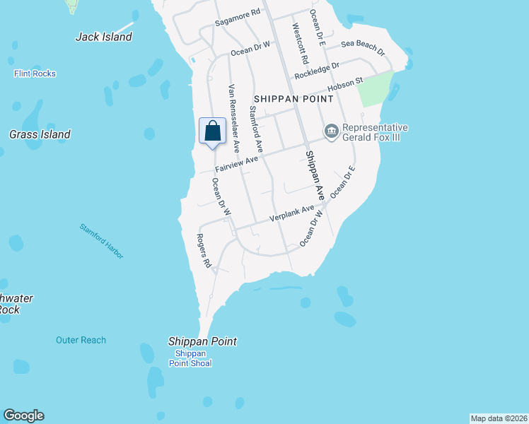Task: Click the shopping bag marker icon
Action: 212,131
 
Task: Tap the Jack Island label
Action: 104,37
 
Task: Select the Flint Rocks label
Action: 35,73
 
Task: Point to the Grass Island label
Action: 40,134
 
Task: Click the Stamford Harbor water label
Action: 101,240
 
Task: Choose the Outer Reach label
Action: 81,340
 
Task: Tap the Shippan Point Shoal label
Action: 190,358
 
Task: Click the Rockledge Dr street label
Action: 318,71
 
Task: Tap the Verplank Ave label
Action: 291,213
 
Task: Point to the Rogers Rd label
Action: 204,250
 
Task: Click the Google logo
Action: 23,416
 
